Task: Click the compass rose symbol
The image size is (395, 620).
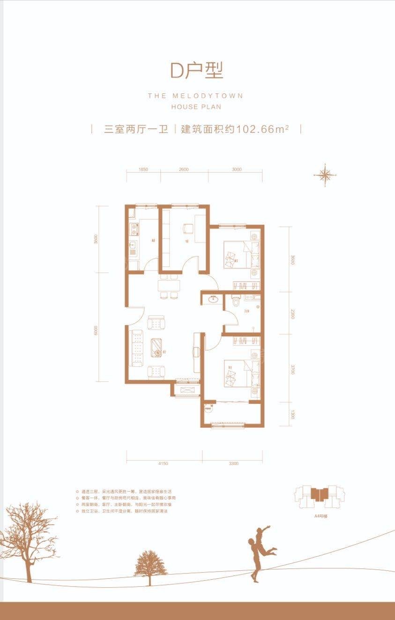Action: (325, 175)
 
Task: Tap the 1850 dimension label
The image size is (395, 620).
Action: (143, 169)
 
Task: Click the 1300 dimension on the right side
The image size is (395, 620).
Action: (292, 415)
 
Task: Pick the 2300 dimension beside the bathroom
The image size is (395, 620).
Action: (292, 313)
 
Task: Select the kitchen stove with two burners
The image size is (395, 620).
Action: (134, 229)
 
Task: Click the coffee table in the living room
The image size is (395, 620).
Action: (157, 347)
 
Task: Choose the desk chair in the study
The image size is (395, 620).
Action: (188, 228)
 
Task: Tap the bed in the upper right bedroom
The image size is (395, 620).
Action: (237, 255)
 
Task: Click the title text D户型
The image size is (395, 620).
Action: (197, 70)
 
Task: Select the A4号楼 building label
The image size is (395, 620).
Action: (321, 515)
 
